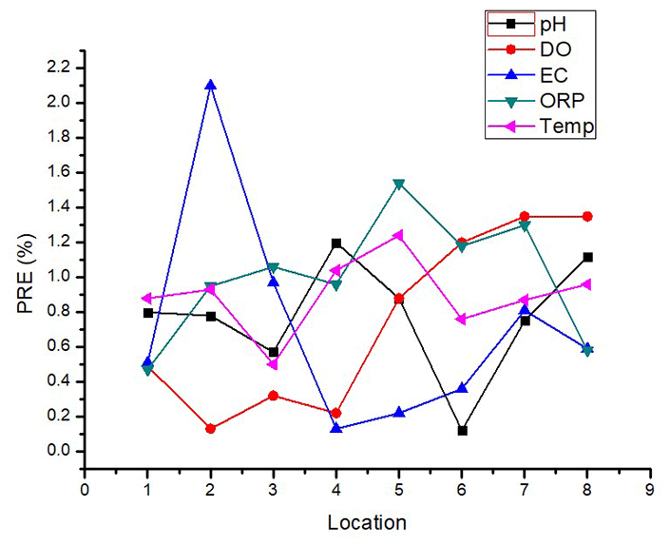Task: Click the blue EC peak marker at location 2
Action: (x=210, y=85)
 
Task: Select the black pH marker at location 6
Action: (x=462, y=431)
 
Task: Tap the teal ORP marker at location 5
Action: (x=399, y=184)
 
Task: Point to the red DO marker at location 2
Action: (x=210, y=429)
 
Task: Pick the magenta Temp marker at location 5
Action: (x=399, y=235)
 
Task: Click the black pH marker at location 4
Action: (x=336, y=243)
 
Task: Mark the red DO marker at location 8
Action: (x=587, y=217)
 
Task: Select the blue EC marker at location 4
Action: (x=336, y=428)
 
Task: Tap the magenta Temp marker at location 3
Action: (x=274, y=364)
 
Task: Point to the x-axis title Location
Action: (x=367, y=522)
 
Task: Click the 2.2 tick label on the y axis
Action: (x=57, y=68)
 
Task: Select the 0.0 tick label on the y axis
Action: (x=57, y=452)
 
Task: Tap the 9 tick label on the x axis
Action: (x=650, y=490)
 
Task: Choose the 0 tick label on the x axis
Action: (x=85, y=490)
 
